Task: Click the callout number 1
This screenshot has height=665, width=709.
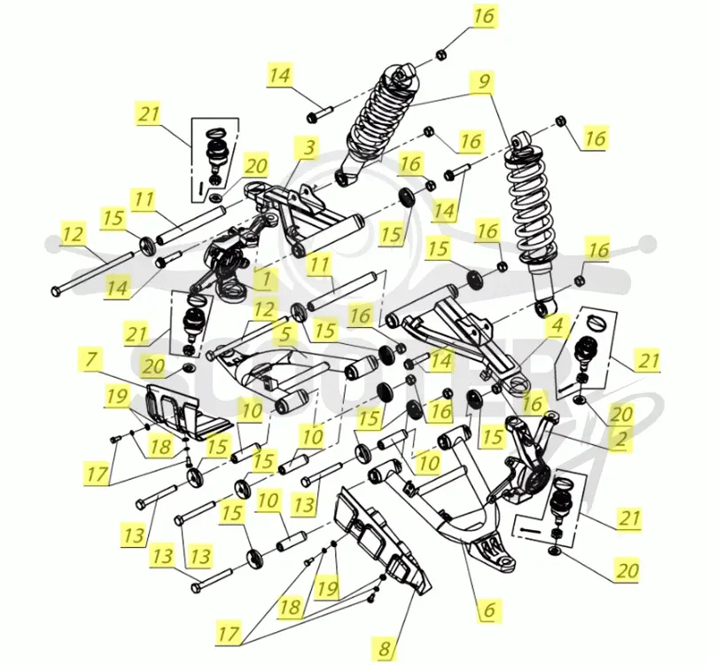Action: tap(265, 279)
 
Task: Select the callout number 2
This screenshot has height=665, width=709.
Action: tap(620, 438)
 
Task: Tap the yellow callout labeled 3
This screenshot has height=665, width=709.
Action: tap(308, 148)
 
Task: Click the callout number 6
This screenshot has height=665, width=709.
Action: tap(490, 609)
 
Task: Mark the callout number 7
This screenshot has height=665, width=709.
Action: tap(91, 360)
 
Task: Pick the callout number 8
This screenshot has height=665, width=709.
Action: tap(384, 648)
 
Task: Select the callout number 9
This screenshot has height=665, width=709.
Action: tap(483, 82)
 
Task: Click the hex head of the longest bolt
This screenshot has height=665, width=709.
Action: tap(56, 290)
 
